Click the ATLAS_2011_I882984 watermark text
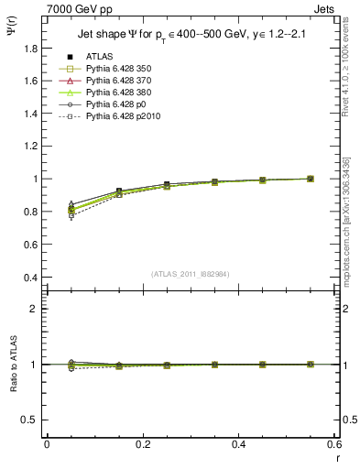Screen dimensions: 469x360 tap(190, 273)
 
